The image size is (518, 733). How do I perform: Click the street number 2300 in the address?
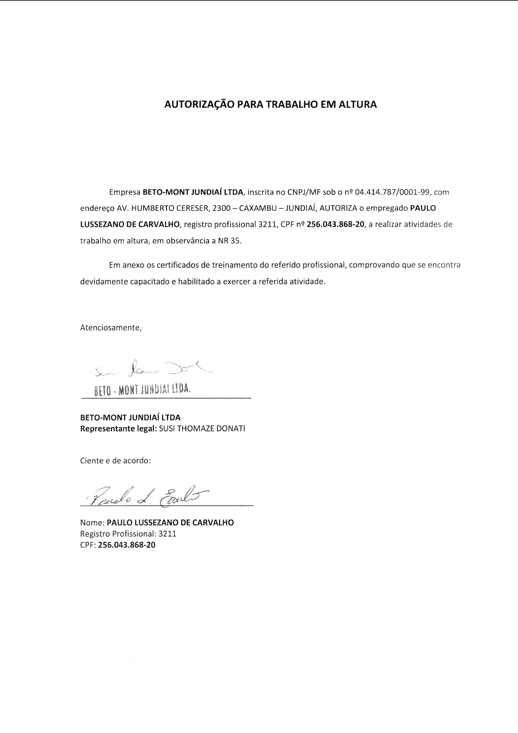point(221,208)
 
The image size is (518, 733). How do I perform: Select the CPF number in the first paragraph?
point(335,224)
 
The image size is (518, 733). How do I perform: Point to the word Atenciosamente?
point(111,328)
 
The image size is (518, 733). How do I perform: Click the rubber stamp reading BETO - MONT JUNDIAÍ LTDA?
point(142,390)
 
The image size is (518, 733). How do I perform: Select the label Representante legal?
point(118,429)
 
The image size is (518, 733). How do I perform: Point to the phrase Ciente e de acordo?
point(115,460)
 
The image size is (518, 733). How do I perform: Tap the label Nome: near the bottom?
point(92,523)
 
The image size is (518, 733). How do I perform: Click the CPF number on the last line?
point(127,545)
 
